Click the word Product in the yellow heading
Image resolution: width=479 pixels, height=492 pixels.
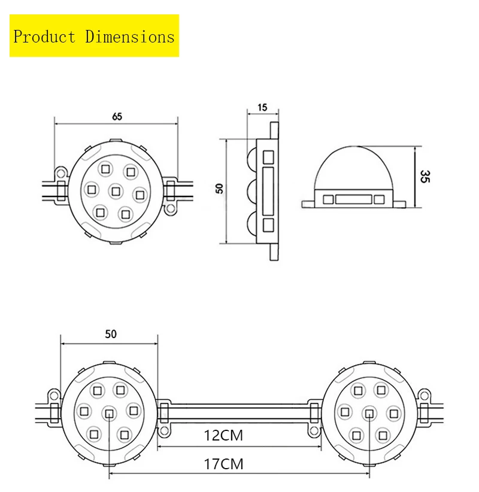point(44,37)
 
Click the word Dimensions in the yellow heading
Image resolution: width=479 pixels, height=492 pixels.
point(129,37)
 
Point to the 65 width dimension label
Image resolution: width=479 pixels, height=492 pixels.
point(117,117)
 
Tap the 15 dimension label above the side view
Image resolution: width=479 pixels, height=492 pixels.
point(262,108)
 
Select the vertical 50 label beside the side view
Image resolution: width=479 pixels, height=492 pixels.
point(219,188)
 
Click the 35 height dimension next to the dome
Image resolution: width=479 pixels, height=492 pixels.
point(425,177)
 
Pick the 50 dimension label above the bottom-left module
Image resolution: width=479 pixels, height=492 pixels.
point(110,335)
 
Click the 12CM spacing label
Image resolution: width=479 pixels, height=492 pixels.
point(223,436)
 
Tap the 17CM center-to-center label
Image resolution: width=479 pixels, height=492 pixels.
point(223,463)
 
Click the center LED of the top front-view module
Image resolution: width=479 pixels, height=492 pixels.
point(115,191)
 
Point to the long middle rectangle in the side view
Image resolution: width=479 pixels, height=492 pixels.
point(268,191)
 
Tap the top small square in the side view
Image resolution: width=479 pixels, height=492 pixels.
point(268,157)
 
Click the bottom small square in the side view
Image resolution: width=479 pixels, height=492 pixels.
point(268,226)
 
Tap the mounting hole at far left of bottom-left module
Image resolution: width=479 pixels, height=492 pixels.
point(53,394)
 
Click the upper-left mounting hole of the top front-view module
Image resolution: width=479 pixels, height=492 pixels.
point(60,172)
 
